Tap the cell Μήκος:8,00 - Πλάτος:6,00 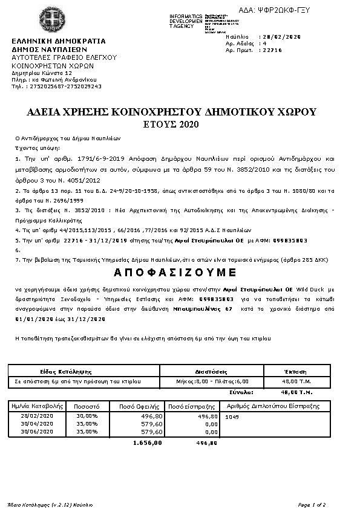click(x=211, y=381)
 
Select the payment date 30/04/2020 click(x=38, y=424)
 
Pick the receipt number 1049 click(x=232, y=417)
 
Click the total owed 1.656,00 click(x=148, y=443)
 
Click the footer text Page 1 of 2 click(x=313, y=504)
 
